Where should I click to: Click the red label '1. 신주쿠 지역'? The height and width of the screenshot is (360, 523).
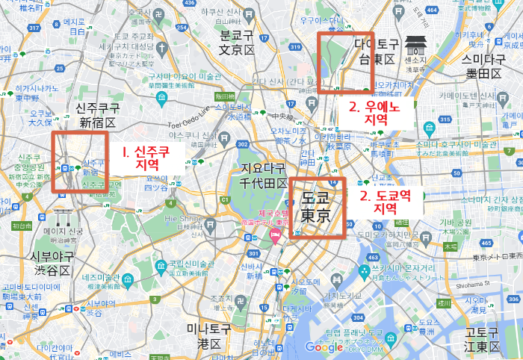tap(148, 157)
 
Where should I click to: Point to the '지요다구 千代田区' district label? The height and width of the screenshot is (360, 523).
tap(263, 176)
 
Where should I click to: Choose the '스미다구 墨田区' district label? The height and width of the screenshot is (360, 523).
tap(481, 65)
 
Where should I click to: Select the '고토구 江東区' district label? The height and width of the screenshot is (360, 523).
tap(482, 339)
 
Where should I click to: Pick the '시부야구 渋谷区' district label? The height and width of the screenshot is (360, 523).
tap(52, 264)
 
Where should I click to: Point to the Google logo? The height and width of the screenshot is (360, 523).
tap(324, 347)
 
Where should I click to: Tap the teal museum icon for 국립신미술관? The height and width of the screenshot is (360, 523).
tap(161, 263)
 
